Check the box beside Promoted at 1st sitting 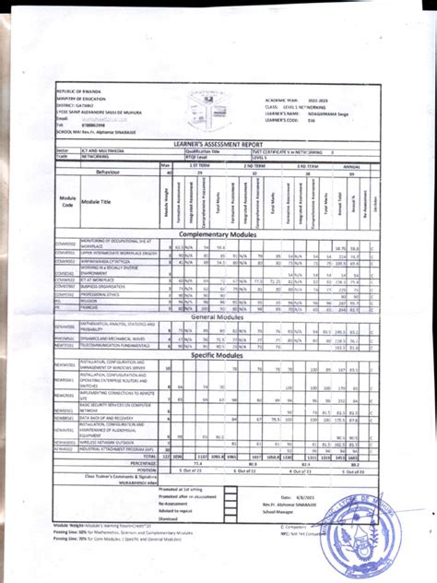pyautogui.click(x=230, y=489)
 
